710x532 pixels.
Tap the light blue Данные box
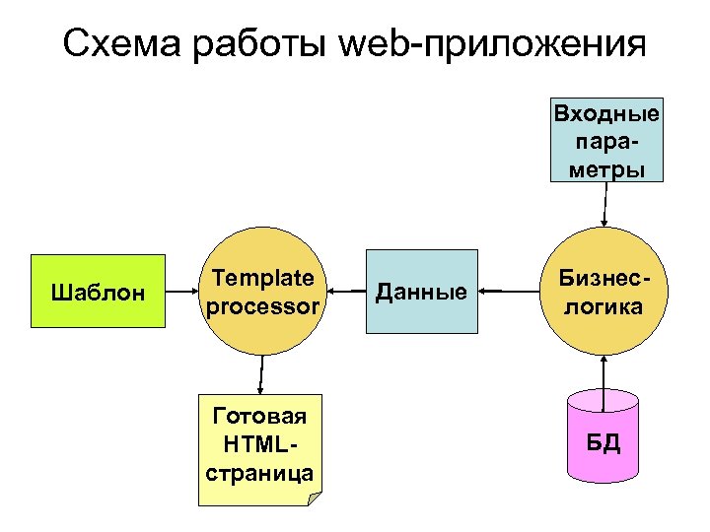pos(421,292)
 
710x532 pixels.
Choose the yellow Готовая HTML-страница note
pos(260,449)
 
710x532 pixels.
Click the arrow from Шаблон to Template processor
pos(179,292)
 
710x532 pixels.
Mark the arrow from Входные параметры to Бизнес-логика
pos(603,204)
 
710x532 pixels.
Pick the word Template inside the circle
pos(262,279)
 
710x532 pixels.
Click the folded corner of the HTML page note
pos(315,499)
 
